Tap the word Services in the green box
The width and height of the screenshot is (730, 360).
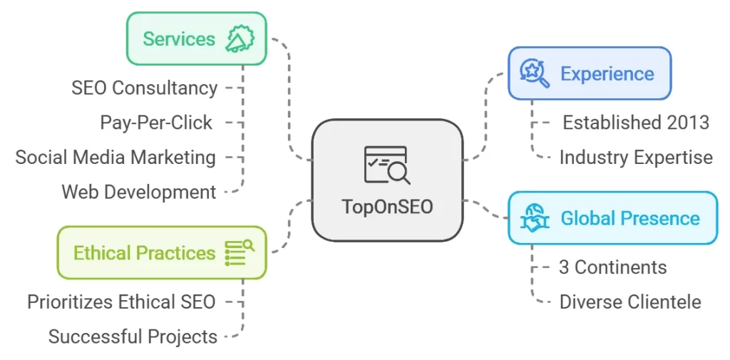(x=178, y=38)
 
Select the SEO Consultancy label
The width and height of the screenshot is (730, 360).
(x=145, y=88)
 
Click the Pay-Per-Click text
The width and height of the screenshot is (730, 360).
(x=156, y=123)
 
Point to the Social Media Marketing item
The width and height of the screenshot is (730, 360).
(x=115, y=157)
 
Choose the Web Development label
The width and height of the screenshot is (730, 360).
(x=139, y=191)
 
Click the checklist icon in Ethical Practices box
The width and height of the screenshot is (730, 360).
(x=239, y=253)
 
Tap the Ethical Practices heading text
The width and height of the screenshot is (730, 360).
(x=144, y=253)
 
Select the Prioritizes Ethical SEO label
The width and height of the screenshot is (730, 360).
(x=121, y=302)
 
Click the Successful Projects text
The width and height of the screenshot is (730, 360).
(x=133, y=336)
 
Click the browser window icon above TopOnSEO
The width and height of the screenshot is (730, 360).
(x=386, y=165)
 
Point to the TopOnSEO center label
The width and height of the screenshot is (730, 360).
(x=387, y=206)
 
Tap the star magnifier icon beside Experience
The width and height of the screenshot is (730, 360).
(x=535, y=73)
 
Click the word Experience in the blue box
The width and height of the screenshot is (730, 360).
(x=607, y=73)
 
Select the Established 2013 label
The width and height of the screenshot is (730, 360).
(x=636, y=123)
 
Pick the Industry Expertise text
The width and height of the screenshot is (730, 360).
(x=636, y=157)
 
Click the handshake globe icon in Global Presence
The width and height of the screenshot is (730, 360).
(x=535, y=218)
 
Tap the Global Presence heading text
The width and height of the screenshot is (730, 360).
(x=630, y=218)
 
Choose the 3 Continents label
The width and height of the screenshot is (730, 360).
(x=613, y=267)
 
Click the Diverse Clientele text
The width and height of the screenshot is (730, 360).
(x=630, y=302)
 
